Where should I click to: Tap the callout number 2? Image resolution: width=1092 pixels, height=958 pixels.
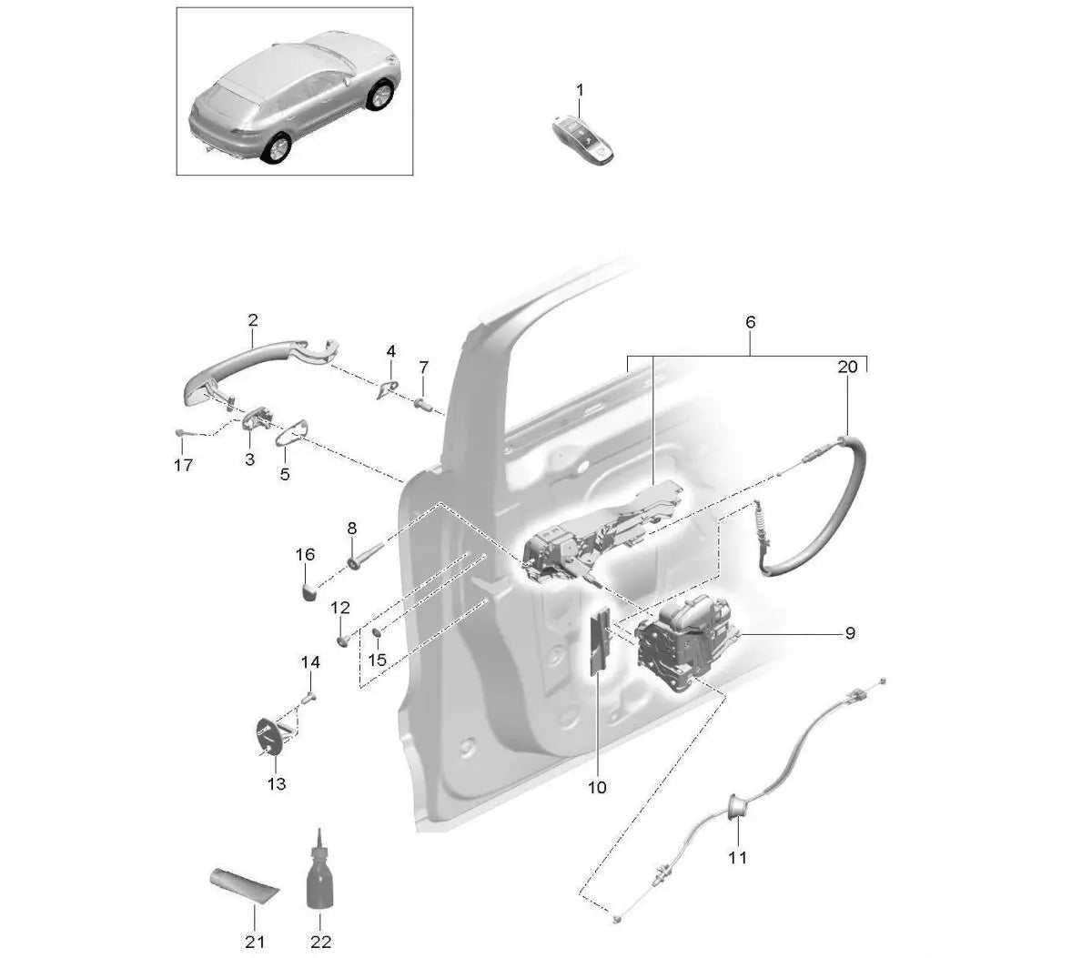(252, 320)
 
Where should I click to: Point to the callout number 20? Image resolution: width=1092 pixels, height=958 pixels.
(847, 367)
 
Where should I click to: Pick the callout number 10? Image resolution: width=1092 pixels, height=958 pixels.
(597, 787)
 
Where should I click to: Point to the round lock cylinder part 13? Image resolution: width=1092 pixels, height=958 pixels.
(270, 736)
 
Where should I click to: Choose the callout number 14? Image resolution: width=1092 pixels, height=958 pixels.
(310, 662)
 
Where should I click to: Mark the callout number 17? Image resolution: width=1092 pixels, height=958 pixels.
(183, 465)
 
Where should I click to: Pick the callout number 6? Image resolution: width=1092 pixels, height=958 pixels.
(750, 322)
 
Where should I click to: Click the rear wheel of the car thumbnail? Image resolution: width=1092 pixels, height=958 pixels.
(275, 148)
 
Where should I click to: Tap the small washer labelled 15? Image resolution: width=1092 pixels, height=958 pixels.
(377, 633)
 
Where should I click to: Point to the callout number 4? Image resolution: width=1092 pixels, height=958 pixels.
(390, 350)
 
